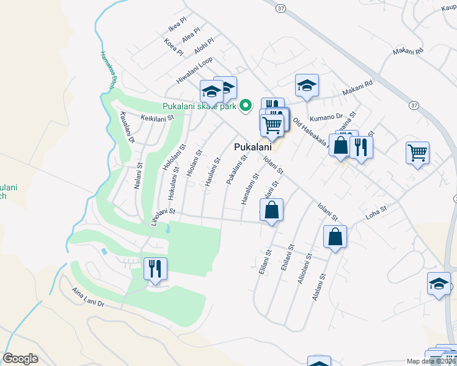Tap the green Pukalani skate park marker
click(x=246, y=106)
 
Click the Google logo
click(x=20, y=359)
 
